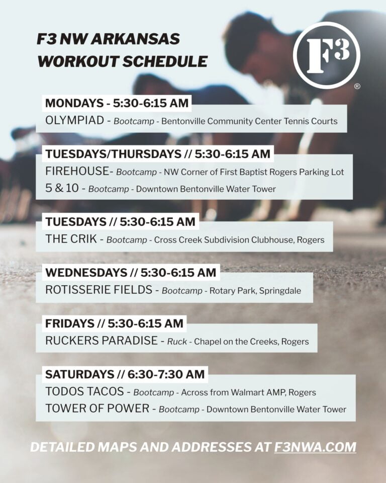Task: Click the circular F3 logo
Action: [x=326, y=55]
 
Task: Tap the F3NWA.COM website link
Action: [x=315, y=447]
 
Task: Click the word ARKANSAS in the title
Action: [x=135, y=39]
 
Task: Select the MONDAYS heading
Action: [x=74, y=103]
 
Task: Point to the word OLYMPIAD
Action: [x=74, y=120]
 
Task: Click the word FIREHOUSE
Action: [x=77, y=171]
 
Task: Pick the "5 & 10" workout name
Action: [x=62, y=188]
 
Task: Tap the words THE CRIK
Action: [x=71, y=239]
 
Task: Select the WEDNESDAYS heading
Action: [x=86, y=273]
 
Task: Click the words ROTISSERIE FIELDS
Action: [x=99, y=290]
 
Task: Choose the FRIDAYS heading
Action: [x=69, y=324]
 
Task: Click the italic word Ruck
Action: [x=177, y=342]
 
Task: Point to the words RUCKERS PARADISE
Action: [x=102, y=341]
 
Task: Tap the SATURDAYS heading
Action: [x=80, y=374]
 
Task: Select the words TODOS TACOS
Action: [x=84, y=391]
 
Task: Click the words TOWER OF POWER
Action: [x=98, y=409]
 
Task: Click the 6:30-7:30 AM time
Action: [x=166, y=374]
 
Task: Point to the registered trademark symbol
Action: [x=357, y=87]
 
